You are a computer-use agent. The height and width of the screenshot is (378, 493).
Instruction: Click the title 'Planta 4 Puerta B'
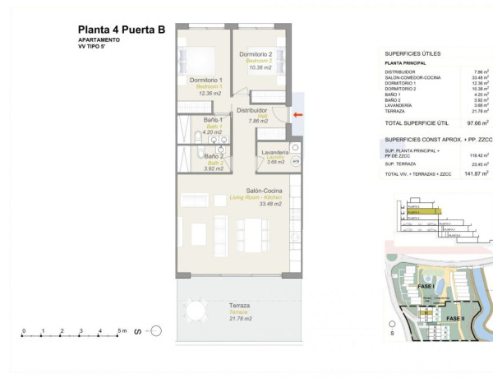pos(122,30)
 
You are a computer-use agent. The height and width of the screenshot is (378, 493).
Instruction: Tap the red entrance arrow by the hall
pos(297,114)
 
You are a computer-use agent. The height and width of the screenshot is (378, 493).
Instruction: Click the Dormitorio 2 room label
pos(256,54)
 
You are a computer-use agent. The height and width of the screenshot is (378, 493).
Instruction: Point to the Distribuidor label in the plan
pos(252,109)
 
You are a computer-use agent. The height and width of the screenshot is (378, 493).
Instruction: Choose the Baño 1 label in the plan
pos(191,121)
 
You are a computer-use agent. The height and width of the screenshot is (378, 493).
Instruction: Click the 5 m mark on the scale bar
pos(120,331)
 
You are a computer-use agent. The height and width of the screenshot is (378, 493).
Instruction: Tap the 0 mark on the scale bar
pos(24,331)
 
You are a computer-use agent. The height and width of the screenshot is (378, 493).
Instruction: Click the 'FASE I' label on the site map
pos(426,286)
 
